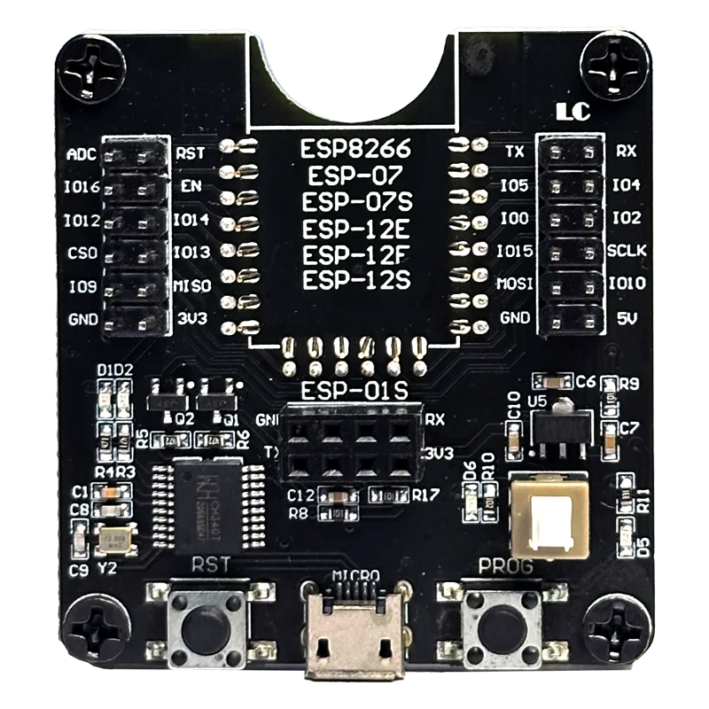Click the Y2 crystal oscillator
coord(115,541)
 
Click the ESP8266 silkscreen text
coord(354,147)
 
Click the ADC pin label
coord(82,154)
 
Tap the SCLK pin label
coord(627,252)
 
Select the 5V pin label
coord(627,317)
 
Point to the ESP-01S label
coord(354,391)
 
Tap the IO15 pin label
coord(515,252)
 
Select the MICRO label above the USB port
coord(355,575)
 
